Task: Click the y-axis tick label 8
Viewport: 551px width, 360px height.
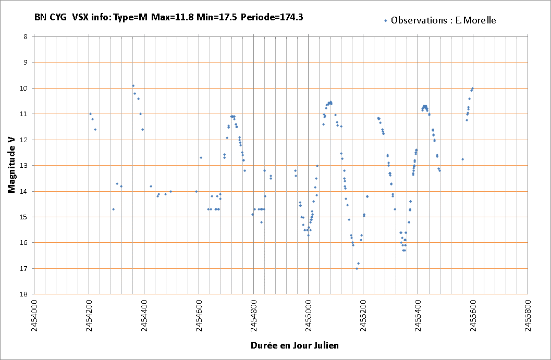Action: pyautogui.click(x=25, y=36)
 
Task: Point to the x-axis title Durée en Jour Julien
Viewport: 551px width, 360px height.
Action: pyautogui.click(x=295, y=345)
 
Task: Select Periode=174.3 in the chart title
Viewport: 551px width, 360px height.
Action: pyautogui.click(x=272, y=17)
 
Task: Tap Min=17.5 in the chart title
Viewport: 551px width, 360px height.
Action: pyautogui.click(x=216, y=17)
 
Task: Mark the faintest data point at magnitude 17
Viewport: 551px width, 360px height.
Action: pyautogui.click(x=357, y=268)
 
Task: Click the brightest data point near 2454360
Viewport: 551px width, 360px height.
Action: pyautogui.click(x=133, y=85)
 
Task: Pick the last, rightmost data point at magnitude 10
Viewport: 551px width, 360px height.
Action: pyautogui.click(x=472, y=88)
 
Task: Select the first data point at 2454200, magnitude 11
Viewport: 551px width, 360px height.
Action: pyautogui.click(x=90, y=114)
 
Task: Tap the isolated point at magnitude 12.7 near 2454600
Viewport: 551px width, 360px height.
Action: pyautogui.click(x=201, y=157)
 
